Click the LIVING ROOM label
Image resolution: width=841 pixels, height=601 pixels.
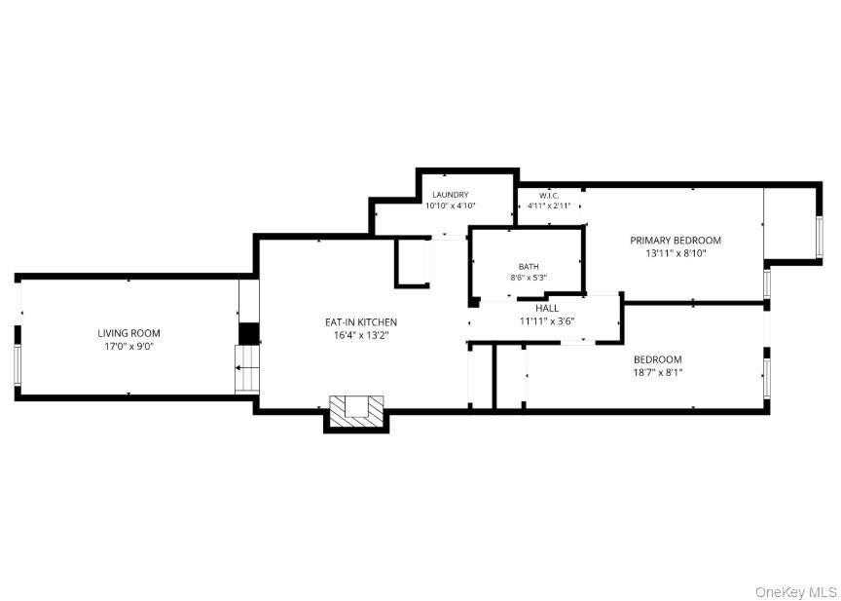pos(128,333)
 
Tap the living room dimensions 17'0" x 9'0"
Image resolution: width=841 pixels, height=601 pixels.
pos(128,346)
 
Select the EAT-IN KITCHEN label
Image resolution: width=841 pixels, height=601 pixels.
pos(361,322)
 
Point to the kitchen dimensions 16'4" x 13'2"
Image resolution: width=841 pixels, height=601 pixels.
pos(361,335)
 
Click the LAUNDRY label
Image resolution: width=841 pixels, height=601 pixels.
pos(451,195)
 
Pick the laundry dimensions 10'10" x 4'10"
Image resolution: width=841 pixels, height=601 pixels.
pos(451,206)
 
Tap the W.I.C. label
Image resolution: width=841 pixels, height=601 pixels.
pos(548,196)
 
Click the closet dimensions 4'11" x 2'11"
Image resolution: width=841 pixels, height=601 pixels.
pos(548,206)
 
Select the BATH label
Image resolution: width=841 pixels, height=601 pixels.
pos(529,267)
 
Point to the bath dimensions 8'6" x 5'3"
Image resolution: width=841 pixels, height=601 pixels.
pos(529,278)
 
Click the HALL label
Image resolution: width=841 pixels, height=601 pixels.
pos(547,309)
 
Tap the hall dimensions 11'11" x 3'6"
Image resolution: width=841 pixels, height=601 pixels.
pos(547,322)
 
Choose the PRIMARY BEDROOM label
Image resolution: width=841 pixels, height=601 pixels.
pos(676,241)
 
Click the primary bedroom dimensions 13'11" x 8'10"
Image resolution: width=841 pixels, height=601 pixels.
pos(676,254)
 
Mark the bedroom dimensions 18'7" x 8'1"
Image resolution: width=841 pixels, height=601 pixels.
pos(658,372)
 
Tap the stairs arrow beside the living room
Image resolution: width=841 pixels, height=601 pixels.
pos(247,368)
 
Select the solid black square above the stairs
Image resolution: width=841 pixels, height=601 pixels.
pos(249,333)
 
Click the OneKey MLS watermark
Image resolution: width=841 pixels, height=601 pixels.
pos(796,592)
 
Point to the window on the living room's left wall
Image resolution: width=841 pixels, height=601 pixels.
pos(18,365)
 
